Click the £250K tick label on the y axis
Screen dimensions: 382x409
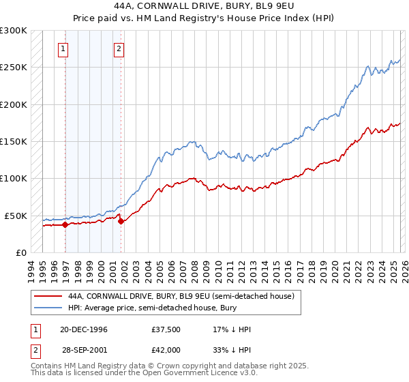(14, 68)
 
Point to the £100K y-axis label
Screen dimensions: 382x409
(14, 179)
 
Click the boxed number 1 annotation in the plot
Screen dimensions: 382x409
(63, 48)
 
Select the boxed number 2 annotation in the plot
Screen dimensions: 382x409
(119, 48)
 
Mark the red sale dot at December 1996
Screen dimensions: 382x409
(65, 224)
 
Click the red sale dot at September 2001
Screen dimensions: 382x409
(121, 221)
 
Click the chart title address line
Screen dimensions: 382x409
(204, 5)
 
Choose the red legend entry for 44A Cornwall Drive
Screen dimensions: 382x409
(181, 297)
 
